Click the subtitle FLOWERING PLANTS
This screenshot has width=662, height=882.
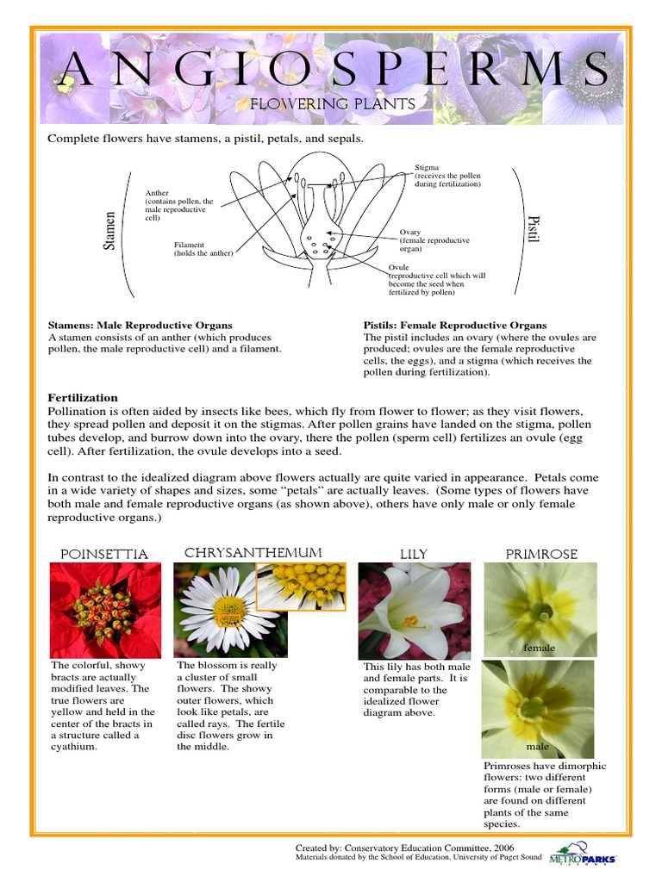[x=333, y=104]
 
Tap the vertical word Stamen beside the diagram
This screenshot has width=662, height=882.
[x=109, y=230]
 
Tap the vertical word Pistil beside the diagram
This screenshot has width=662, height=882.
[x=532, y=229]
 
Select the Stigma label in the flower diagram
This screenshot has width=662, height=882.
[x=427, y=168]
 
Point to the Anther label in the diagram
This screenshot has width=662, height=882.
[x=157, y=193]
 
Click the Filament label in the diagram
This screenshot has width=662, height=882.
[x=189, y=245]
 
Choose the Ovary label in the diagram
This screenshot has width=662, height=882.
[x=410, y=232]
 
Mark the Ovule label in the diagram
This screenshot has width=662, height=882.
[x=398, y=267]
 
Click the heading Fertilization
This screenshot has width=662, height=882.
[x=83, y=398]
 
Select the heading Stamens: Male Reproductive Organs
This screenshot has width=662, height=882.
[x=140, y=325]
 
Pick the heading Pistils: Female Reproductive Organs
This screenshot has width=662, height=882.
[x=455, y=325]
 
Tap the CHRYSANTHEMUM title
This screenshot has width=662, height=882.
[x=253, y=552]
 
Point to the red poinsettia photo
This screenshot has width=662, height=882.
[x=105, y=610]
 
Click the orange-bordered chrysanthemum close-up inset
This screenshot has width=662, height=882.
[x=302, y=587]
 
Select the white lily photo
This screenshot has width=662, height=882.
[x=414, y=610]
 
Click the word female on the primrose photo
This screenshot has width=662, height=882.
[x=540, y=648]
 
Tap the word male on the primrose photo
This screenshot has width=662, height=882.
[x=538, y=747]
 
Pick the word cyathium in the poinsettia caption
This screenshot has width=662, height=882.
[x=73, y=747]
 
